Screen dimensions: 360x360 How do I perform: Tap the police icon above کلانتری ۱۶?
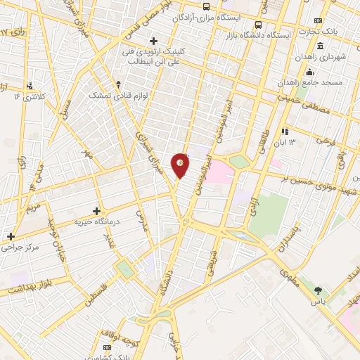coord(30,86)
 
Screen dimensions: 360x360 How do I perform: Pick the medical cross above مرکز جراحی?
coord(11,237)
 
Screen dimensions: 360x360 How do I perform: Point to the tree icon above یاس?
coord(319,290)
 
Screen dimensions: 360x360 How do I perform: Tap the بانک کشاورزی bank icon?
coord(107,347)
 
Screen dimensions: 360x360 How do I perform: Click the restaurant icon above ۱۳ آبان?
coord(285,131)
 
